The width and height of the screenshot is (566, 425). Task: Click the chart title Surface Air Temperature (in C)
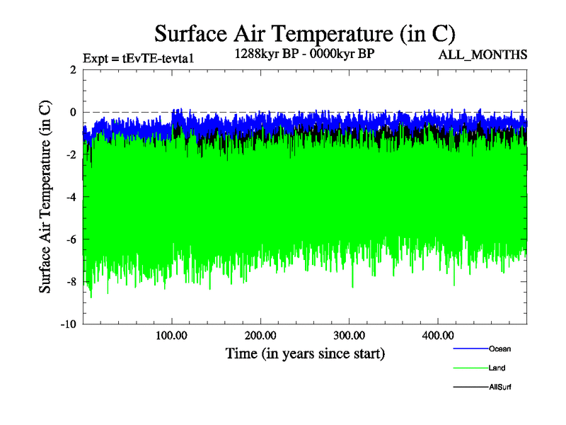[x=304, y=33]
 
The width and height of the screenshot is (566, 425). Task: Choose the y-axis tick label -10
[x=68, y=324]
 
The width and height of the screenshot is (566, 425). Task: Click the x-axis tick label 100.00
[x=171, y=334]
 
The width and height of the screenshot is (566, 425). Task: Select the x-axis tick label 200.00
[x=260, y=334]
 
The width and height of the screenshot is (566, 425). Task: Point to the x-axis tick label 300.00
[x=348, y=334]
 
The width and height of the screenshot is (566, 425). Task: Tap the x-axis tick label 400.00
[x=437, y=334]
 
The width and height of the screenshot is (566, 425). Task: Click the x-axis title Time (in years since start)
[x=305, y=353]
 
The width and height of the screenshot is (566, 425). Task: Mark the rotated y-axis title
[x=45, y=197]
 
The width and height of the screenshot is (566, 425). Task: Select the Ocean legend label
[x=499, y=348]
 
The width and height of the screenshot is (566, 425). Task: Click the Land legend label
[x=497, y=368]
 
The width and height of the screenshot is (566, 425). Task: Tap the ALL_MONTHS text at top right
[x=483, y=55]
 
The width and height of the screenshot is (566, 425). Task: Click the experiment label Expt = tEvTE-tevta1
[x=139, y=58]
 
